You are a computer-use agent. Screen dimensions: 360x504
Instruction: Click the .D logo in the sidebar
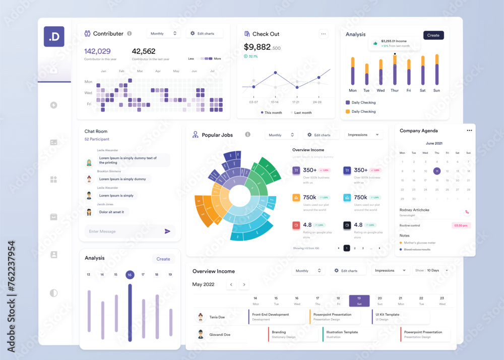coord(54,36)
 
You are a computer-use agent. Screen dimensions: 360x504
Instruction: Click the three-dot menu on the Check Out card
coord(324,34)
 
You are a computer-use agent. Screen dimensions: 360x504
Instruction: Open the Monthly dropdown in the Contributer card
coord(164,33)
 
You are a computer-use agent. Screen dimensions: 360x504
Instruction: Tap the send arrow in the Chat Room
coord(168,231)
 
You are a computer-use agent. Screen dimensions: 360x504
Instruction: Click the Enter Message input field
coord(123,231)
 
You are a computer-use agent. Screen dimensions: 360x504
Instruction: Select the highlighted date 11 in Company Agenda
coord(436,171)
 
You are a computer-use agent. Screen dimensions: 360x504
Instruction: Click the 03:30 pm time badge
coord(461,225)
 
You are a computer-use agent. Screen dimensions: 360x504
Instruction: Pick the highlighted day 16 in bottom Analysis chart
coord(130,275)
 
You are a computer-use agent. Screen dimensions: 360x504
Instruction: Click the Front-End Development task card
coord(277,317)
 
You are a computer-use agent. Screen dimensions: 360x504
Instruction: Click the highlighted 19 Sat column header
coord(359,301)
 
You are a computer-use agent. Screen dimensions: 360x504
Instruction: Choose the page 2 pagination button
coord(355,248)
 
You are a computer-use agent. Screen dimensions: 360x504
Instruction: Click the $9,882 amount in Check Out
coord(257,47)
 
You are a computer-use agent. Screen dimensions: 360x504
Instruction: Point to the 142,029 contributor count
coord(97,51)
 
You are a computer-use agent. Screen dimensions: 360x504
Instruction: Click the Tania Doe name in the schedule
coord(217,317)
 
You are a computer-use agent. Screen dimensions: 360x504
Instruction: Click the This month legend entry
coord(272,113)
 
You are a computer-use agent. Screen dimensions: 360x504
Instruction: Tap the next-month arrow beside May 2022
coord(244,284)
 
